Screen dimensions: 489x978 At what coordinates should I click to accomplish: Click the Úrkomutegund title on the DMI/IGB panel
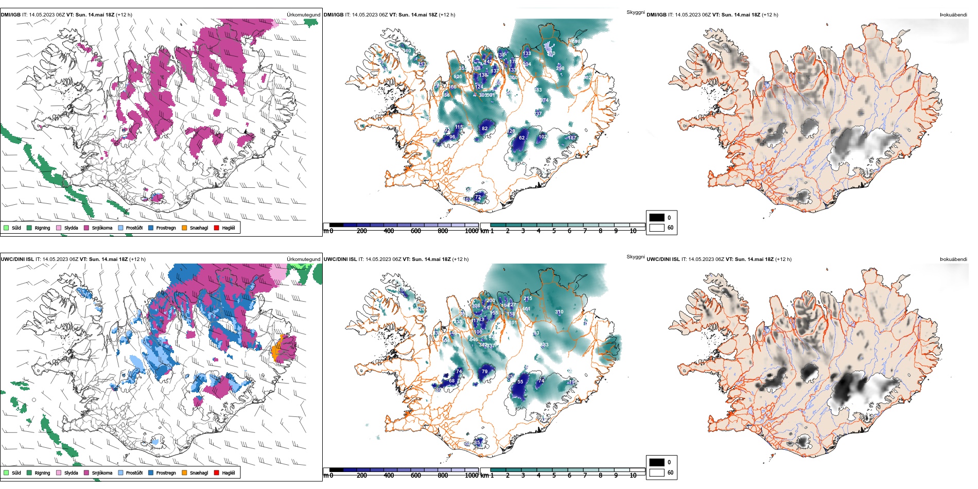pos(303,15)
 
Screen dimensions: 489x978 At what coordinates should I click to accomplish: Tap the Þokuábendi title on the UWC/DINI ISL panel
pos(953,259)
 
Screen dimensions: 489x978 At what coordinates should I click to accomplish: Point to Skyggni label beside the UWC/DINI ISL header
pos(635,257)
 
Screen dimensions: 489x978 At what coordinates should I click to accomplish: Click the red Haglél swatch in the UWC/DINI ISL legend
pos(217,473)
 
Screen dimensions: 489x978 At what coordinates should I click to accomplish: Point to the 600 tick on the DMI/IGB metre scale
pos(415,231)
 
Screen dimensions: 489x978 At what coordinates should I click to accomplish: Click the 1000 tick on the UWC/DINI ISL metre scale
pos(471,476)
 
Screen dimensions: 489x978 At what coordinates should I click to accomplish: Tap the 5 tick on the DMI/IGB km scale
pos(554,231)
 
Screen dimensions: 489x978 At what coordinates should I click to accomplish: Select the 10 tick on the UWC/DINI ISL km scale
pos(633,476)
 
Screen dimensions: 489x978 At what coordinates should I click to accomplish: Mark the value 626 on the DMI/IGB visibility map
pos(458,77)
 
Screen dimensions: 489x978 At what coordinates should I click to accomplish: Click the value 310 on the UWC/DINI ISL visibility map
pos(559,312)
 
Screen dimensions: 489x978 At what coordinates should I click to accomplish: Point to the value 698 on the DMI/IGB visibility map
pos(575,42)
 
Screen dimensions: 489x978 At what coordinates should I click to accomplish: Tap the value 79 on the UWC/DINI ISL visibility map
pos(484,372)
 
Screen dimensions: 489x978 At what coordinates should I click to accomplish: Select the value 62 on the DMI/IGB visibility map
pos(521,138)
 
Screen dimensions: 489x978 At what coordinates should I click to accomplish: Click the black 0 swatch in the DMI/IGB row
pos(657,218)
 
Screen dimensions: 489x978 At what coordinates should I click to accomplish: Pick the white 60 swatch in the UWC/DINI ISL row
pos(657,473)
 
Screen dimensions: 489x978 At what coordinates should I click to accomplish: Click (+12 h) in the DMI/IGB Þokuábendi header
pos(770,15)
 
